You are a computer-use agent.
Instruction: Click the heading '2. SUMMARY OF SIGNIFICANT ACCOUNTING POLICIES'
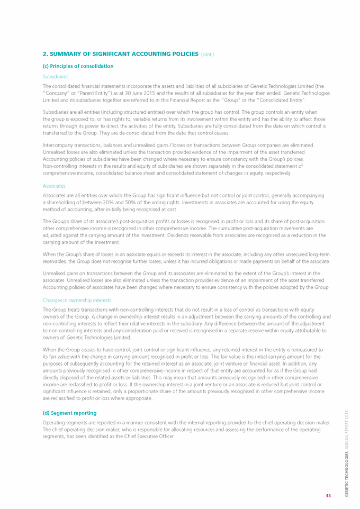[121, 54]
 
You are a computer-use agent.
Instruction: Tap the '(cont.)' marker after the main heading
[208, 54]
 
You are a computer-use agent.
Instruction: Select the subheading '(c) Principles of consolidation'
[78, 66]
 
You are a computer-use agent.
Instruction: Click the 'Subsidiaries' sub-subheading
[56, 76]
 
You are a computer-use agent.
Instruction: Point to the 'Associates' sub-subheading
[54, 186]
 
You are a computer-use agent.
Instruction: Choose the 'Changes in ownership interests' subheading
[77, 300]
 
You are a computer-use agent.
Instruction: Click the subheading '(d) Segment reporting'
[69, 413]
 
